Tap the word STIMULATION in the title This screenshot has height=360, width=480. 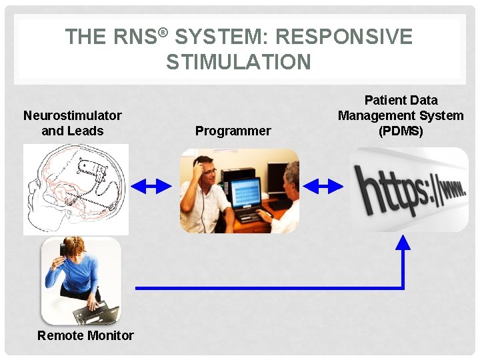pyautogui.click(x=239, y=62)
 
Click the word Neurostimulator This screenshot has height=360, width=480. pyautogui.click(x=72, y=115)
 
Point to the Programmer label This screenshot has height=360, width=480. pyautogui.click(x=233, y=131)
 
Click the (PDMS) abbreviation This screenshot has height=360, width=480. pyautogui.click(x=401, y=131)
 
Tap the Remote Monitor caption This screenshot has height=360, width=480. pyautogui.click(x=85, y=335)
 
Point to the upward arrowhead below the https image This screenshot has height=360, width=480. pyautogui.click(x=403, y=241)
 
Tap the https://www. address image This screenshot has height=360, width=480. pyautogui.click(x=409, y=190)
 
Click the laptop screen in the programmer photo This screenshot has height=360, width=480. pyautogui.click(x=246, y=194)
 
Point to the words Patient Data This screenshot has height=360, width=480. pyautogui.click(x=401, y=100)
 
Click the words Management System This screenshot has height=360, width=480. pyautogui.click(x=401, y=115)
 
